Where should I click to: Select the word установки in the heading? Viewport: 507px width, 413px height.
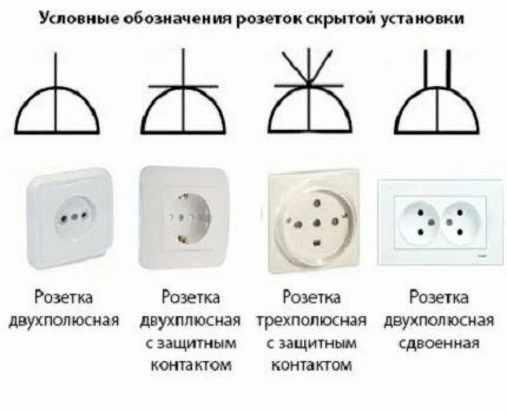[427, 20]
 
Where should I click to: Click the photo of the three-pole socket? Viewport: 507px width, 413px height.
[312, 222]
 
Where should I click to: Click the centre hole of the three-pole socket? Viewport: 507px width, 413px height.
[312, 223]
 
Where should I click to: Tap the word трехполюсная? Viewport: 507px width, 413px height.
[311, 320]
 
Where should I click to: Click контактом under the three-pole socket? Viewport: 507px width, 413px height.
[311, 365]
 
